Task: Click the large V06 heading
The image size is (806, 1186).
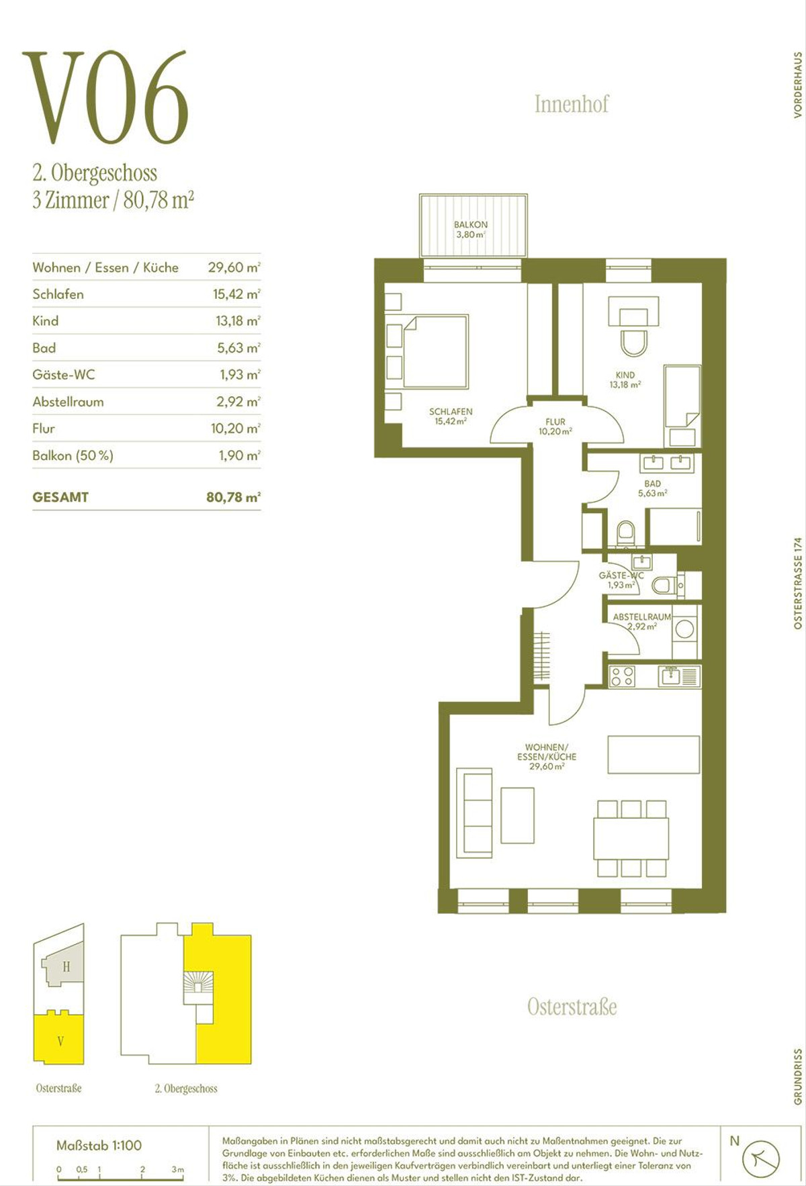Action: pos(105,97)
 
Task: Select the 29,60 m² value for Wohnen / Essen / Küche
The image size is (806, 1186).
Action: pos(234,267)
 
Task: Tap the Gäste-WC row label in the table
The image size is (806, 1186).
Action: pos(64,375)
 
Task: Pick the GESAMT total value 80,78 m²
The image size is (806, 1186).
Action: pos(233,498)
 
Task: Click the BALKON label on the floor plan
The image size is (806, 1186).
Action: pos(471,224)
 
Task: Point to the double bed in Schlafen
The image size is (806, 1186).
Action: pos(435,351)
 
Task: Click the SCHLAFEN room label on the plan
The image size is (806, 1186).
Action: pos(451,412)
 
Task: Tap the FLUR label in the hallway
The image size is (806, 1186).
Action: pos(555,422)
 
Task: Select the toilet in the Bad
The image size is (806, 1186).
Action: pos(626,534)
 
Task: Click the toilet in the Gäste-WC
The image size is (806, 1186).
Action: pos(664,585)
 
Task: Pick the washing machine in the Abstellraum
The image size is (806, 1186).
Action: pos(685,629)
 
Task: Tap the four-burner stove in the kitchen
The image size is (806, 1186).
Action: pos(623,676)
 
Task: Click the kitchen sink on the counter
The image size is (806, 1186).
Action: pos(670,676)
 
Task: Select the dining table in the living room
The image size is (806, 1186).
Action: pos(631,838)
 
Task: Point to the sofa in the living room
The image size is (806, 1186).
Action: pos(474,813)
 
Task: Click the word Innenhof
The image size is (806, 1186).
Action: pos(572,104)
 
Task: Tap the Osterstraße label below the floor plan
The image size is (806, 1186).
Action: pos(572,1007)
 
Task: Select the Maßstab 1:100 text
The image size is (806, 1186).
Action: pos(99,1146)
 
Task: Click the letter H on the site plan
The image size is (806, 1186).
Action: pos(66,967)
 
